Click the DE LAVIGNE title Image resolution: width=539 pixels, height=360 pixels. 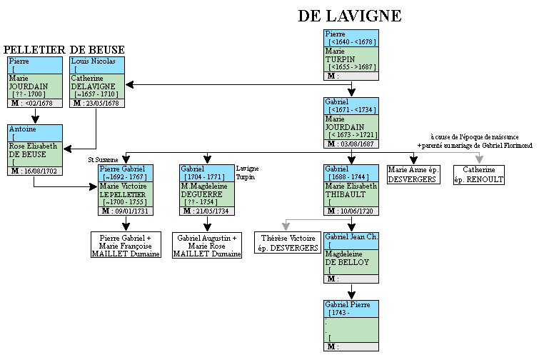349,16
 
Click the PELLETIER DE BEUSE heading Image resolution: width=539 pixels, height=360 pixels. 64,50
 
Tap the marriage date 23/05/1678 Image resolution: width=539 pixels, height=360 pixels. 101,103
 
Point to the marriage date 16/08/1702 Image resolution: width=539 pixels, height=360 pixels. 41,172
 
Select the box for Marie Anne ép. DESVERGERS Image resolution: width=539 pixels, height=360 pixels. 413,174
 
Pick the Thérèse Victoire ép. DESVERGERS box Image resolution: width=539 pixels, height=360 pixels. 288,242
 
